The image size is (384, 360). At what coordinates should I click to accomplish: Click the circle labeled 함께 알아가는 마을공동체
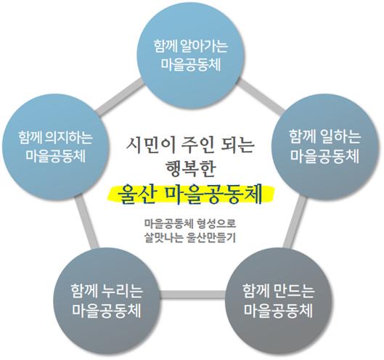tap(191, 56)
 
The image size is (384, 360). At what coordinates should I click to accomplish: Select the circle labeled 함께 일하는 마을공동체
tap(325, 147)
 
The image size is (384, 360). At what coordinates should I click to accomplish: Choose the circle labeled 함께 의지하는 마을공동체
tap(56, 147)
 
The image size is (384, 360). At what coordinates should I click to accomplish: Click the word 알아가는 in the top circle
tap(204, 46)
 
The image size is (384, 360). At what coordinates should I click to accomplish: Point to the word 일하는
tap(343, 136)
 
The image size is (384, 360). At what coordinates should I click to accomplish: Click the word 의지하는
tap(69, 138)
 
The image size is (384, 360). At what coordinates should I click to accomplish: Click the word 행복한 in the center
tap(191, 168)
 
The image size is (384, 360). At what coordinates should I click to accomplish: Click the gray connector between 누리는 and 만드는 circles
tap(193, 295)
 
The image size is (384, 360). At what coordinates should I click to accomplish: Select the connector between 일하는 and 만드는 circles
tap(295, 222)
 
